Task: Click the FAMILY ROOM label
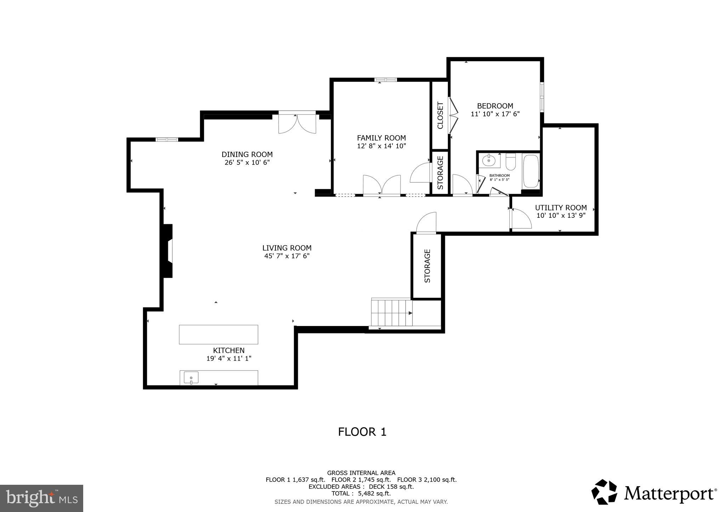[381, 138]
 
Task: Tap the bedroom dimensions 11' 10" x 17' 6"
[495, 114]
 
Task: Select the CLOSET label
[440, 115]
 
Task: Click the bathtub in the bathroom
[531, 171]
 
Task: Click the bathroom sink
[489, 161]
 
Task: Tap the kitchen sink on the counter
[191, 378]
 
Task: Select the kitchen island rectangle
[218, 334]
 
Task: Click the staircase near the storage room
[391, 313]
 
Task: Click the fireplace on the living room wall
[168, 251]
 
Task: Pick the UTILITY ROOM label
[561, 208]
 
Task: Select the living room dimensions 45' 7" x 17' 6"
[287, 256]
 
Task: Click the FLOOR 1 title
[362, 432]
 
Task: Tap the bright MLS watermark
[42, 498]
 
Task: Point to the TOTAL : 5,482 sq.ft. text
[361, 493]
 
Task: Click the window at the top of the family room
[386, 80]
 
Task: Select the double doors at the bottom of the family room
[382, 185]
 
